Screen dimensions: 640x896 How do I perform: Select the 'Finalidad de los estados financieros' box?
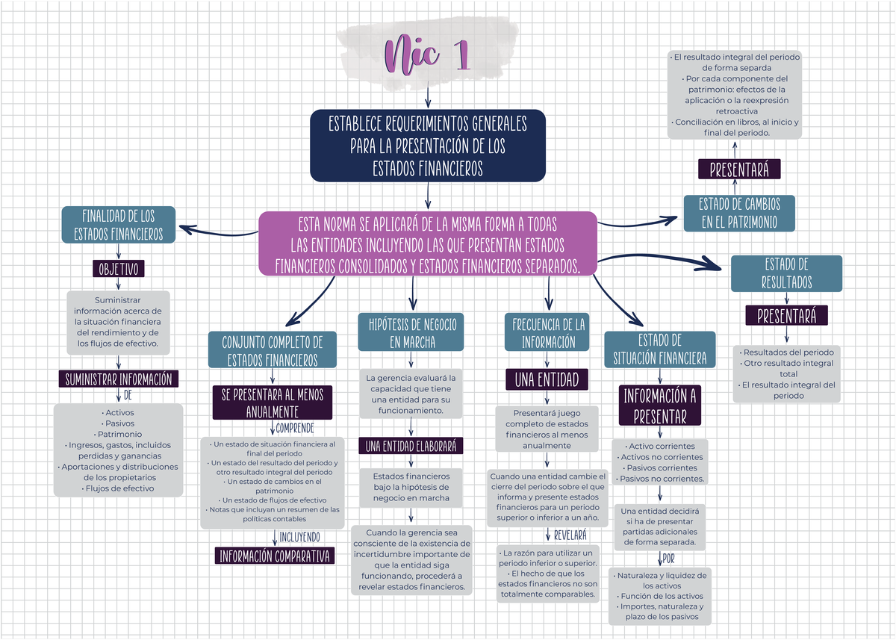coord(118,225)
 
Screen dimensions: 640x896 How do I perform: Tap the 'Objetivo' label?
coord(119,269)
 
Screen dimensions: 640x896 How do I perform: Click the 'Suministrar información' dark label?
coord(119,379)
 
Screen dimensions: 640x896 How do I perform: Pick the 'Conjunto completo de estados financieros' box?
coord(273,351)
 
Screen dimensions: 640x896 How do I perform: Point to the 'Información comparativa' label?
coord(274,556)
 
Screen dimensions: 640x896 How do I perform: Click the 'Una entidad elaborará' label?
coord(411,446)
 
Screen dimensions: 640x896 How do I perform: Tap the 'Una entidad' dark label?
coord(547,380)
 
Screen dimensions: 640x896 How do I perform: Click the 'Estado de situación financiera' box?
coord(659,349)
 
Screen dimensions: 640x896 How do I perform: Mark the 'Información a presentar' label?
coord(660,405)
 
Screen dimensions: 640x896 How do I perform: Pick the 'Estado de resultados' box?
coord(786,273)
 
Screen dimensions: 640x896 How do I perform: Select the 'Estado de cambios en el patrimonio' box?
coord(738,213)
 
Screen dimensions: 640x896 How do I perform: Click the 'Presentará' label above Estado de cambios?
coord(739,170)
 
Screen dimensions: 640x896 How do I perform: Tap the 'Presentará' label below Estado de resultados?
coord(787,316)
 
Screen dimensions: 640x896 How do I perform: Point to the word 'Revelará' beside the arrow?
coord(570,535)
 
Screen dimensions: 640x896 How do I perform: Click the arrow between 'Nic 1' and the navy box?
coord(427,97)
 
